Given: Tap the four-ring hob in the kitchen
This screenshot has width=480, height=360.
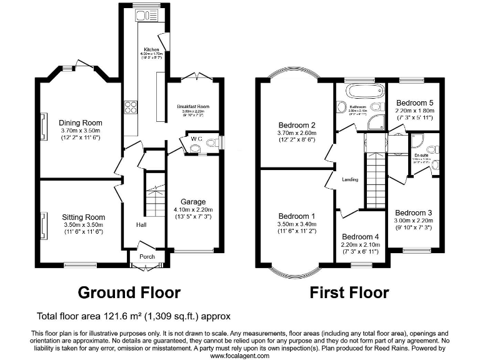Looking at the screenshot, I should pos(131,107).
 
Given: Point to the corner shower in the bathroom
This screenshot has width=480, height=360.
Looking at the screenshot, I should pos(376,122).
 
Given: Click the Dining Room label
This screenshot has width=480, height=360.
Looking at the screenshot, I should pos(80,122).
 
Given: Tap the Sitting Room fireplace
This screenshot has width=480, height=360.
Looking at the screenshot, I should pos(44,225).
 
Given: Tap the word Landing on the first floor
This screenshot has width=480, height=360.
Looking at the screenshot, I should pos(350,180).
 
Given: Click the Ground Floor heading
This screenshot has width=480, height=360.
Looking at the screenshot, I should pos(129,292).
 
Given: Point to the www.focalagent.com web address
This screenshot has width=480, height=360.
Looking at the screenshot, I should pos(239,355).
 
